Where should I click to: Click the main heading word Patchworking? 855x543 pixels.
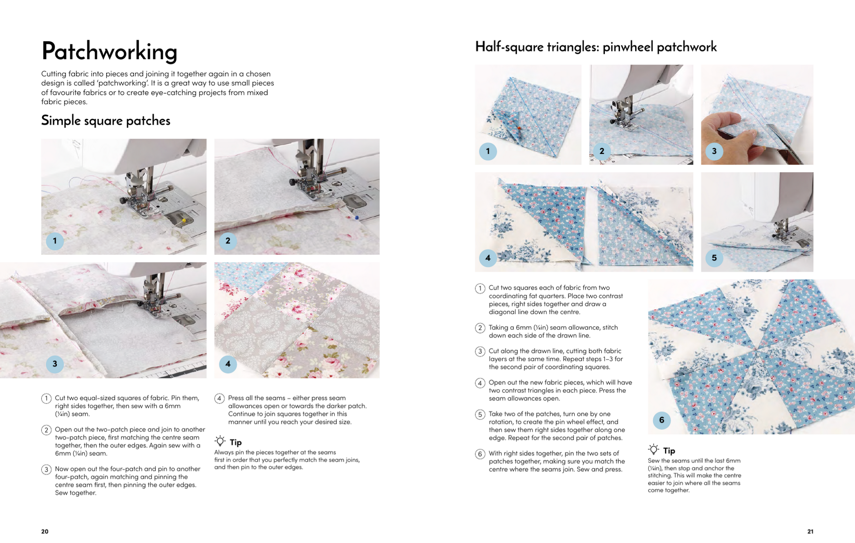[x=109, y=52]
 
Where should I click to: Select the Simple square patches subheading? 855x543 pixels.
[x=105, y=121]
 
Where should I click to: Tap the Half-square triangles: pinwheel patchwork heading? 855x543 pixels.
[x=595, y=47]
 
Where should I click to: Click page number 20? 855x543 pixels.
[x=45, y=531]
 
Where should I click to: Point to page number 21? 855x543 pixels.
[x=810, y=531]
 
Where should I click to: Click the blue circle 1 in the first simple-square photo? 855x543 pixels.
[x=55, y=241]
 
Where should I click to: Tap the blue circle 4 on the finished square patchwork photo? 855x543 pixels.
[x=228, y=364]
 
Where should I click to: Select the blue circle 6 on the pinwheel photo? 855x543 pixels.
[x=661, y=420]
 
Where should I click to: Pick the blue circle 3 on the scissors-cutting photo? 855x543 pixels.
[x=714, y=151]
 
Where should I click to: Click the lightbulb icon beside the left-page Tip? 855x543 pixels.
[x=220, y=441]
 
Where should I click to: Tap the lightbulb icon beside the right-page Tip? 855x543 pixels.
[x=653, y=450]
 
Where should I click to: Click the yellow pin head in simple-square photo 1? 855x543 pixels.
[x=184, y=220]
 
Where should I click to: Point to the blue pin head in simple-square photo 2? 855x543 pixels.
[x=357, y=218]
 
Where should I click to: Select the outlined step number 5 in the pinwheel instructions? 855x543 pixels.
[x=480, y=414]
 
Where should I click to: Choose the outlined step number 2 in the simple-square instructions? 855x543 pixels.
[x=46, y=430]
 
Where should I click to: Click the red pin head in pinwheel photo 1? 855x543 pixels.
[x=519, y=128]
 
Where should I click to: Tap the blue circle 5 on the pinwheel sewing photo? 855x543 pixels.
[x=714, y=258]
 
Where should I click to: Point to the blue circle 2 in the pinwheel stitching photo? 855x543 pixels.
[x=602, y=151]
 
